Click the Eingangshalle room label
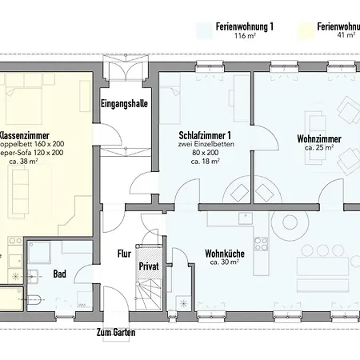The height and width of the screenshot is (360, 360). click(x=123, y=104)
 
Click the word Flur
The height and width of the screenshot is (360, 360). click(x=124, y=254)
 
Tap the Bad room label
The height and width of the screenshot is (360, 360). click(x=59, y=274)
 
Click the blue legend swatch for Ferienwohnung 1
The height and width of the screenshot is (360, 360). click(x=204, y=30)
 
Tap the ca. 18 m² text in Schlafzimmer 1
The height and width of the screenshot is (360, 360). click(x=206, y=161)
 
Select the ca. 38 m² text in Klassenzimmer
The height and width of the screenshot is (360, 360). click(x=24, y=161)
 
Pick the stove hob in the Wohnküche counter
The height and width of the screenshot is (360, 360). click(x=259, y=239)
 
